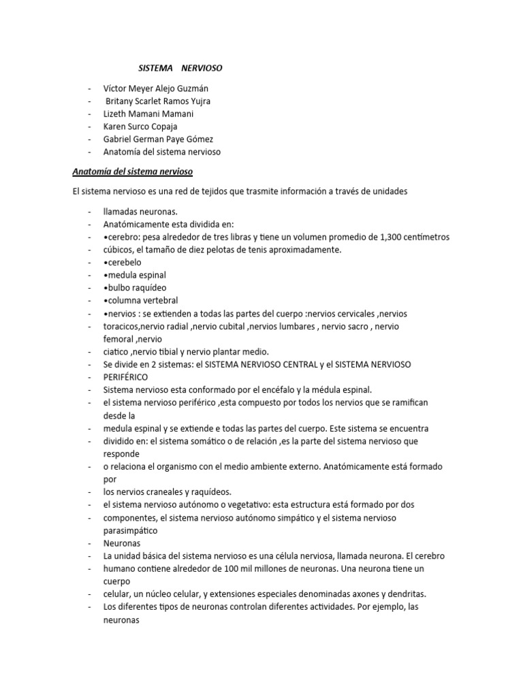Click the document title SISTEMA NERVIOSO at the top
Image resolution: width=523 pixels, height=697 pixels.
[180, 69]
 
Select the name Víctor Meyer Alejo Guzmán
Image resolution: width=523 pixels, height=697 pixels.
[156, 88]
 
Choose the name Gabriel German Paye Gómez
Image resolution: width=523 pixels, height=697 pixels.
[159, 140]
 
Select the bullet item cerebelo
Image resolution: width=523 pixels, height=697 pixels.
[124, 263]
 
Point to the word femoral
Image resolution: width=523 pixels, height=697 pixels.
[118, 339]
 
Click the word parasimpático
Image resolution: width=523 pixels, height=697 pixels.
[131, 530]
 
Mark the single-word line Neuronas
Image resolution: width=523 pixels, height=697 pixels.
[122, 543]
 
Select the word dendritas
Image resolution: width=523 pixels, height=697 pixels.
[406, 594]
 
